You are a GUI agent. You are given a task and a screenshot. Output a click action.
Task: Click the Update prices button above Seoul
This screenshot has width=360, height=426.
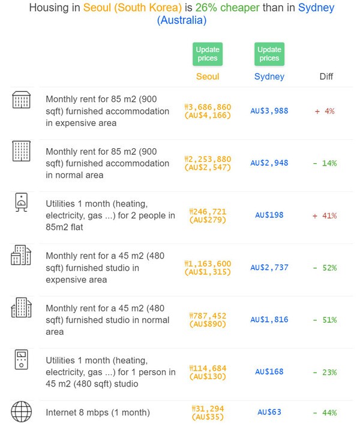208,53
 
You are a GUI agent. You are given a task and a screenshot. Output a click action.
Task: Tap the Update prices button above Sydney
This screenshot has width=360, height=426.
269,53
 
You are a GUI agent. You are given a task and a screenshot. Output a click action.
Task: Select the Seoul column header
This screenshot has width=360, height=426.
208,76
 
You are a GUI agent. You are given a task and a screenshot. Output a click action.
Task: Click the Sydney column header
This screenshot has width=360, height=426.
269,76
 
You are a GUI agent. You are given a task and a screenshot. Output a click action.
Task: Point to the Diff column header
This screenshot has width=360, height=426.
326,76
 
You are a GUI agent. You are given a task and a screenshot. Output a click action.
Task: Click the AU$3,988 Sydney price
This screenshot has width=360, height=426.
269,111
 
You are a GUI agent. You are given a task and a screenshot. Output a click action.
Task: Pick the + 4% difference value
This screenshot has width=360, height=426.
325,111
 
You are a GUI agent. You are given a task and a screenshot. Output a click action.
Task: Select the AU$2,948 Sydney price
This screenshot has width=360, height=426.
269,163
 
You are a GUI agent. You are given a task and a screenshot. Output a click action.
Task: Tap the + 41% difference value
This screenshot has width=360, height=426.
325,215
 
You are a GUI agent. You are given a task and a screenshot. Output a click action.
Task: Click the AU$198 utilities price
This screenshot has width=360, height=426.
269,215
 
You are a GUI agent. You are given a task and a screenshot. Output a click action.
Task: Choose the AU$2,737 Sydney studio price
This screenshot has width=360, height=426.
269,268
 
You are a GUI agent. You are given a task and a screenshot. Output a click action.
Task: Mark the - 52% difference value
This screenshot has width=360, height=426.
325,268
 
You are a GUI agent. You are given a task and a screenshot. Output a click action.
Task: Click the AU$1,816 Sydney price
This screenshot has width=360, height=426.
269,320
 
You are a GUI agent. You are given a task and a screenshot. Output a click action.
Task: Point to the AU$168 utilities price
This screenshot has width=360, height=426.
269,372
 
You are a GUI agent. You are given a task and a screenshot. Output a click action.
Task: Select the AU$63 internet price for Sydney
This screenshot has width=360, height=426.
269,412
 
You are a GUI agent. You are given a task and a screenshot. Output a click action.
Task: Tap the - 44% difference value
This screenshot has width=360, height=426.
325,413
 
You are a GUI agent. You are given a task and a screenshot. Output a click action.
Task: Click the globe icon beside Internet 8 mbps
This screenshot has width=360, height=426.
22,412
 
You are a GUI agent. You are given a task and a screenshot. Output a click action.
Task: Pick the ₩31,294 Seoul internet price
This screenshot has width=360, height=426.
208,409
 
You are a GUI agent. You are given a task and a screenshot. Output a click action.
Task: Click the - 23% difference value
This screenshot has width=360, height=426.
325,372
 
